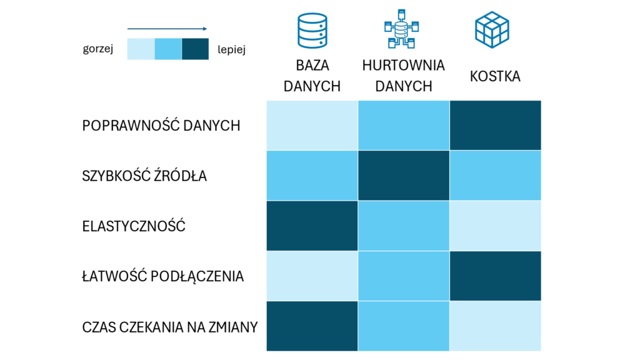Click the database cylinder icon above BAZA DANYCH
pyautogui.click(x=312, y=30)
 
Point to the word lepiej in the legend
pyautogui.click(x=231, y=50)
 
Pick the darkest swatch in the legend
pyautogui.click(x=195, y=49)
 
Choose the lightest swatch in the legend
pyautogui.click(x=141, y=49)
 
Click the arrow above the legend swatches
pyautogui.click(x=167, y=29)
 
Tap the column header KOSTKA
pyautogui.click(x=495, y=76)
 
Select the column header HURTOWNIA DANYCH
pyautogui.click(x=403, y=76)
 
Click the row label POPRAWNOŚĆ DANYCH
pyautogui.click(x=161, y=126)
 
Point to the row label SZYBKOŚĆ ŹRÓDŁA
pyautogui.click(x=144, y=176)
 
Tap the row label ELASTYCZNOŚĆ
pyautogui.click(x=134, y=226)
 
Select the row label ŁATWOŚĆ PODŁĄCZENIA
pyautogui.click(x=162, y=276)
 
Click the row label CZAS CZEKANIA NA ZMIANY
pyautogui.click(x=169, y=327)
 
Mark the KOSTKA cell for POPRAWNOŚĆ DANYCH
pyautogui.click(x=495, y=125)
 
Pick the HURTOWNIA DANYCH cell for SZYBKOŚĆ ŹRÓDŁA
pyautogui.click(x=404, y=176)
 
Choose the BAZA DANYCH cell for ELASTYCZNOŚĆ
pyautogui.click(x=312, y=226)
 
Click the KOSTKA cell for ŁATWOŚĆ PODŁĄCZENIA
pyautogui.click(x=495, y=276)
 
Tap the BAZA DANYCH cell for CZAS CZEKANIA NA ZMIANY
pyautogui.click(x=312, y=326)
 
